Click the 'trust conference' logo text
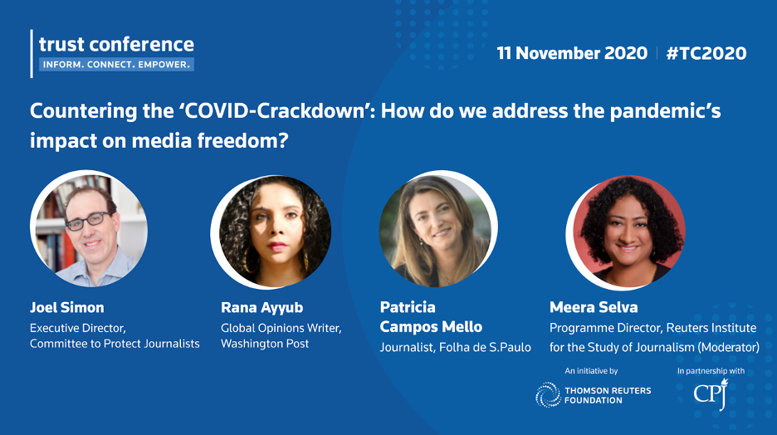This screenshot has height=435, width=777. tap(116, 45)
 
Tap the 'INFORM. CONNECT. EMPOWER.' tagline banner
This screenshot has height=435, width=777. tap(116, 65)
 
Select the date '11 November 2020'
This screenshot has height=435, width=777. tap(572, 53)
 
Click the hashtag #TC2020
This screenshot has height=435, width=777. tap(706, 53)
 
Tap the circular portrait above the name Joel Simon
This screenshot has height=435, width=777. tap(89, 229)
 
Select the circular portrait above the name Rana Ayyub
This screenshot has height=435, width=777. tap(271, 232)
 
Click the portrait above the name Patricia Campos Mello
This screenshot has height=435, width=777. tap(438, 229)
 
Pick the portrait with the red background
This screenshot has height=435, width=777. tap(626, 232)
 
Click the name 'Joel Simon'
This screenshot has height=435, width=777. tap(67, 307)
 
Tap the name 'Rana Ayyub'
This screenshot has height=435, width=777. tap(261, 308)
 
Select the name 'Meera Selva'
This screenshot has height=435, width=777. tap(594, 307)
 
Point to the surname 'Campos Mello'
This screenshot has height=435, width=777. tap(431, 327)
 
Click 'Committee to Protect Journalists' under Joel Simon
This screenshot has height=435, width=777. tap(115, 344)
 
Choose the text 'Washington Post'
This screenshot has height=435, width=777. tap(265, 344)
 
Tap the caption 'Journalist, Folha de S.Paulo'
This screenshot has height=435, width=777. tap(456, 347)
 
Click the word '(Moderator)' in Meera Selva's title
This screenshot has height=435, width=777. tap(729, 347)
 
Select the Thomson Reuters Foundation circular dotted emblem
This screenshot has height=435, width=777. tap(548, 395)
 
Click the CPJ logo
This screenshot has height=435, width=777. tap(711, 394)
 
